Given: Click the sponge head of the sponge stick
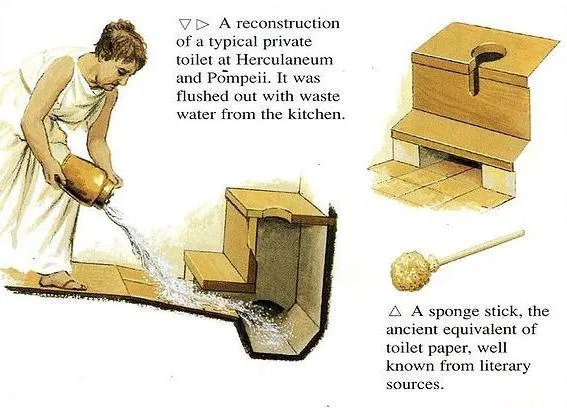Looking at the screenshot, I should [x=415, y=268].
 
